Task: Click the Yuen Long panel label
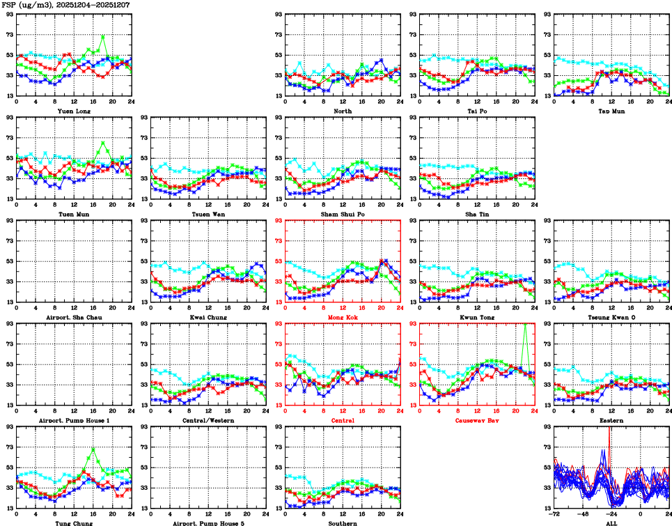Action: click(73, 111)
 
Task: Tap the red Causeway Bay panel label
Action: click(477, 420)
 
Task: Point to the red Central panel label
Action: click(342, 420)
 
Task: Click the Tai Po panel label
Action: click(477, 111)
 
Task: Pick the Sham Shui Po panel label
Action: click(342, 214)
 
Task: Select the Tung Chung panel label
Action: click(72, 523)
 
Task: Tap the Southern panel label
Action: click(342, 523)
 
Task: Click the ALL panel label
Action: click(611, 523)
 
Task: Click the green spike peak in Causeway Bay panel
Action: click(524, 324)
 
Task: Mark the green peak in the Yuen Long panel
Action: click(103, 36)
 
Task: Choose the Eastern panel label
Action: click(611, 420)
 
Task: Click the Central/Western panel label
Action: click(208, 420)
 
